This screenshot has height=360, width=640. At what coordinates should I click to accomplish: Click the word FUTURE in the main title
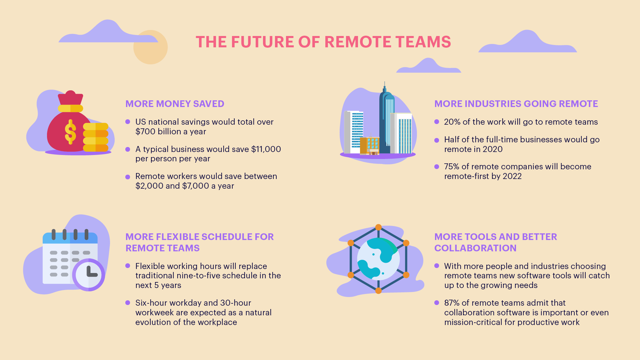tap(263, 42)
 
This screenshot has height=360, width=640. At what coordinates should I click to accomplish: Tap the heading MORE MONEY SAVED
tap(175, 104)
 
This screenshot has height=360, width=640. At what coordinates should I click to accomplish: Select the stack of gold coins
tap(96, 137)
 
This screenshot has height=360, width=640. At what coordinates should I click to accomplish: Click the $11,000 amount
tap(266, 149)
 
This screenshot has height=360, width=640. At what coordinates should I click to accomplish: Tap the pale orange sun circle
tap(150, 47)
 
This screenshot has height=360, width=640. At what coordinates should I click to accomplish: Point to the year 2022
tap(512, 176)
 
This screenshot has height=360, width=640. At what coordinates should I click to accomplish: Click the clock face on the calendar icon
tap(89, 275)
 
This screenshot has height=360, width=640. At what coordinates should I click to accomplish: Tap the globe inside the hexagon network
tap(378, 259)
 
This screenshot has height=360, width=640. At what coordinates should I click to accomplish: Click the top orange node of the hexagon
tap(378, 227)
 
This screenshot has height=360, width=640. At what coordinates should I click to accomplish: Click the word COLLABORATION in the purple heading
tap(475, 248)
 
